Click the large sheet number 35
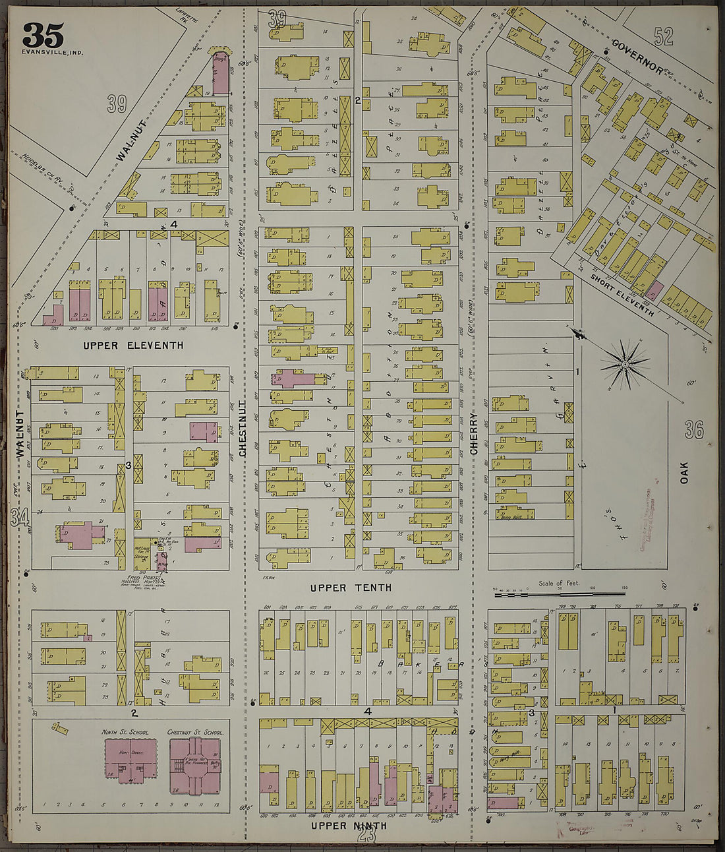click(43, 35)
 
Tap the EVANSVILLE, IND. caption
click(52, 52)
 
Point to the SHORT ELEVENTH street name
click(622, 295)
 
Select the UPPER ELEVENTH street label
click(133, 346)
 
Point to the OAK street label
click(683, 472)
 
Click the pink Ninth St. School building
click(130, 761)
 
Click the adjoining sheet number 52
click(664, 36)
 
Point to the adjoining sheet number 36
click(693, 430)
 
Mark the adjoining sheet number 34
click(20, 518)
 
